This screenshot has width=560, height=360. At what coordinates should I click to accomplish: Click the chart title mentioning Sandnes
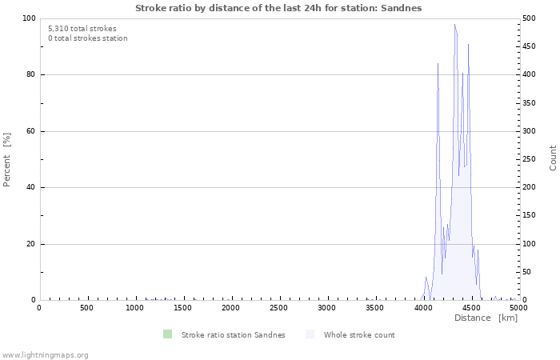pos(278,8)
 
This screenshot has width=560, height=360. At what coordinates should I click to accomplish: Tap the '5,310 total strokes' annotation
pos(82,29)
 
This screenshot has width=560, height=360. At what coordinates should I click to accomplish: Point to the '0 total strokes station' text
pos(87,38)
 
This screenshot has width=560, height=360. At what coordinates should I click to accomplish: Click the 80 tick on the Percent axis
pos(30,75)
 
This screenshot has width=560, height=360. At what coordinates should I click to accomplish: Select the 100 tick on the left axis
pos(28,18)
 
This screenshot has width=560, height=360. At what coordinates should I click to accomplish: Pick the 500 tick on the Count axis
pos(530,18)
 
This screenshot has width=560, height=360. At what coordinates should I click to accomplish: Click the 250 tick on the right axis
pos(530,159)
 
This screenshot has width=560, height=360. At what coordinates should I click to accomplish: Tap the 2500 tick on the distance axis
pos(278,308)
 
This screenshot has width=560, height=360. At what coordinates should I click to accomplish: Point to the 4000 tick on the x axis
pos(422,308)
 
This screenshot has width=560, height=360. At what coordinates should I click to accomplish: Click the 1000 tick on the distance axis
pos(134,308)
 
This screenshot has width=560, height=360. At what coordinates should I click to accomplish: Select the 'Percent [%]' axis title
pos(7,159)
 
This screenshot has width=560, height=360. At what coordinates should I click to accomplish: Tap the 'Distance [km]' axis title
pos(486,318)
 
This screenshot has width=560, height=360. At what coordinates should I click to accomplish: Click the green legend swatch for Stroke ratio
pos(167,334)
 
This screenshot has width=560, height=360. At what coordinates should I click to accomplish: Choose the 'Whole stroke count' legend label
pos(359,335)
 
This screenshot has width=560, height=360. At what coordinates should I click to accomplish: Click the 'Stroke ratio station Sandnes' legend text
pos(233,335)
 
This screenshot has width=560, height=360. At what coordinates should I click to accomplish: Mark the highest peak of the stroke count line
pos(454,24)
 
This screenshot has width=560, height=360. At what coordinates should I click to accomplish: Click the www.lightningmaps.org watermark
pos(45,354)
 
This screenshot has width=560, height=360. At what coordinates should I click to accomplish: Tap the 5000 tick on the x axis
pos(518,308)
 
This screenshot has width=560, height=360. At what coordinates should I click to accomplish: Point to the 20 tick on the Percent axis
pos(30,244)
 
